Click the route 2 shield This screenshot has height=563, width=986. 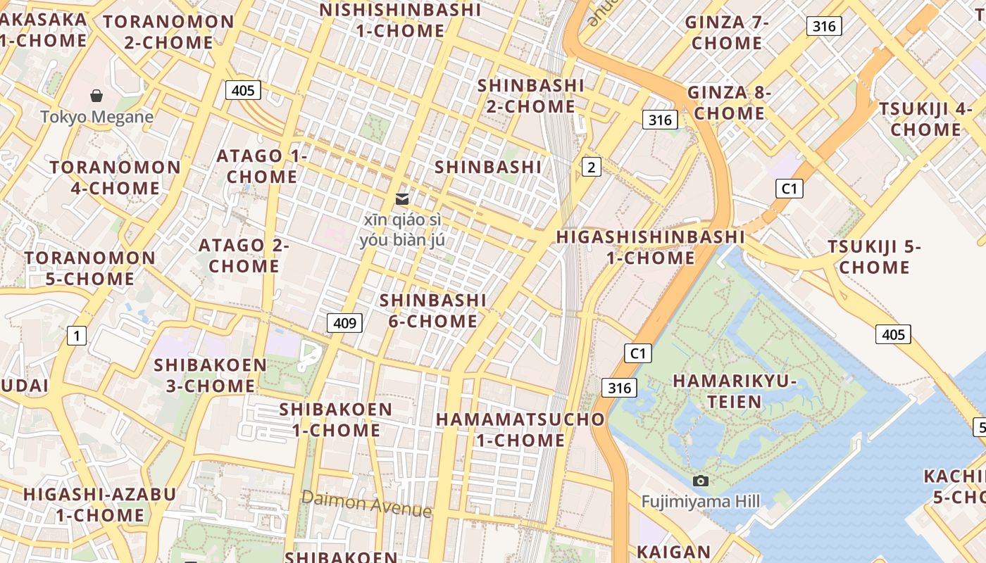(592, 167)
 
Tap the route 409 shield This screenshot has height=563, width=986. (344, 323)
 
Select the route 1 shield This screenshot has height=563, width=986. (77, 336)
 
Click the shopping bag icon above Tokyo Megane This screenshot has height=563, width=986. (96, 96)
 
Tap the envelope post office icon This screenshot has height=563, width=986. (402, 199)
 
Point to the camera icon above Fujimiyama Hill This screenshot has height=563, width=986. (700, 481)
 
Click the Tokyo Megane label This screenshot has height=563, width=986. (96, 117)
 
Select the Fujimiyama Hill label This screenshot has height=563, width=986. (700, 501)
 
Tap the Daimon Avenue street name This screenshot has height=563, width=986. (366, 504)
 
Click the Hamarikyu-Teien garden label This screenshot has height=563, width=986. (735, 391)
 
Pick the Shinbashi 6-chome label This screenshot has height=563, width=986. (433, 310)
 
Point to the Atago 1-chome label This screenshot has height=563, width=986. (261, 166)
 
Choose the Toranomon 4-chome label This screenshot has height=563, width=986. (116, 177)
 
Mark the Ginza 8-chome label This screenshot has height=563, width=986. (729, 103)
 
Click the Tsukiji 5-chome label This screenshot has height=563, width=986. (874, 257)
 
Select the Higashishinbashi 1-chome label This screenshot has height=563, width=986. (651, 247)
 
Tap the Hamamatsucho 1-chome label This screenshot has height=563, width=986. (520, 429)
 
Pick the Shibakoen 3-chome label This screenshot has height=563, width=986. (211, 375)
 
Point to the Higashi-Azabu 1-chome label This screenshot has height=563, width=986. (99, 504)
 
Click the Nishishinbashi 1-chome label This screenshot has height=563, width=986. (400, 20)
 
